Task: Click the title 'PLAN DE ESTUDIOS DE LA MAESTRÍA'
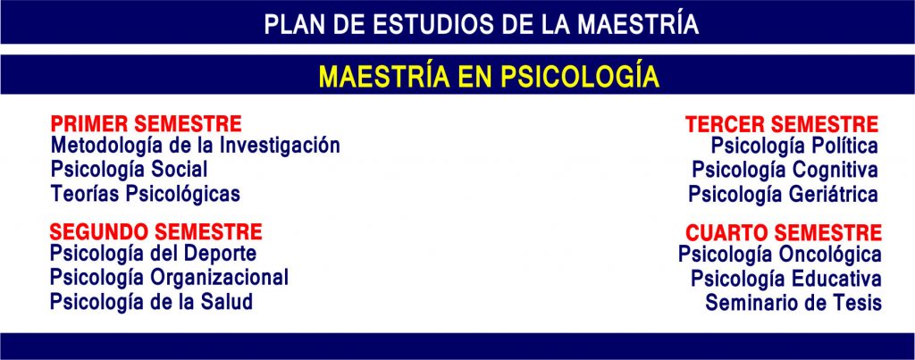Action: point(482,24)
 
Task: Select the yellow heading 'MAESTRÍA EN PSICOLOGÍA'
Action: point(489,77)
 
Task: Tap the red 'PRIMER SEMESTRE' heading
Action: point(146,123)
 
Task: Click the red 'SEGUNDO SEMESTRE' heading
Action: point(155,231)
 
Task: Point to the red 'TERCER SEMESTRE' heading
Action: point(781,124)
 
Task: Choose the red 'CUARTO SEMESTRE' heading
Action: point(783,233)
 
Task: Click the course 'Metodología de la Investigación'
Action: point(196,146)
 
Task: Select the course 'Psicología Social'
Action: point(129,170)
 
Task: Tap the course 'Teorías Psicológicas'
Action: point(146,194)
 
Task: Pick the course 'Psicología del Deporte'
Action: point(153,255)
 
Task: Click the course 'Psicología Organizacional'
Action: point(169,278)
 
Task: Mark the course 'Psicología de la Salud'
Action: point(151,302)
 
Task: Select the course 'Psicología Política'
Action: point(794,146)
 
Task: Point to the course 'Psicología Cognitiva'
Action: point(785,171)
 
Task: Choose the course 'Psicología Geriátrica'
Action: point(783,195)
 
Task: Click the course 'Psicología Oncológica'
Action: point(779,255)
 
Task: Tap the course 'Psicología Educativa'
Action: point(786,279)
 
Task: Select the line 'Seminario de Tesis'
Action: point(793,303)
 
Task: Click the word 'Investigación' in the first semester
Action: point(280,146)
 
